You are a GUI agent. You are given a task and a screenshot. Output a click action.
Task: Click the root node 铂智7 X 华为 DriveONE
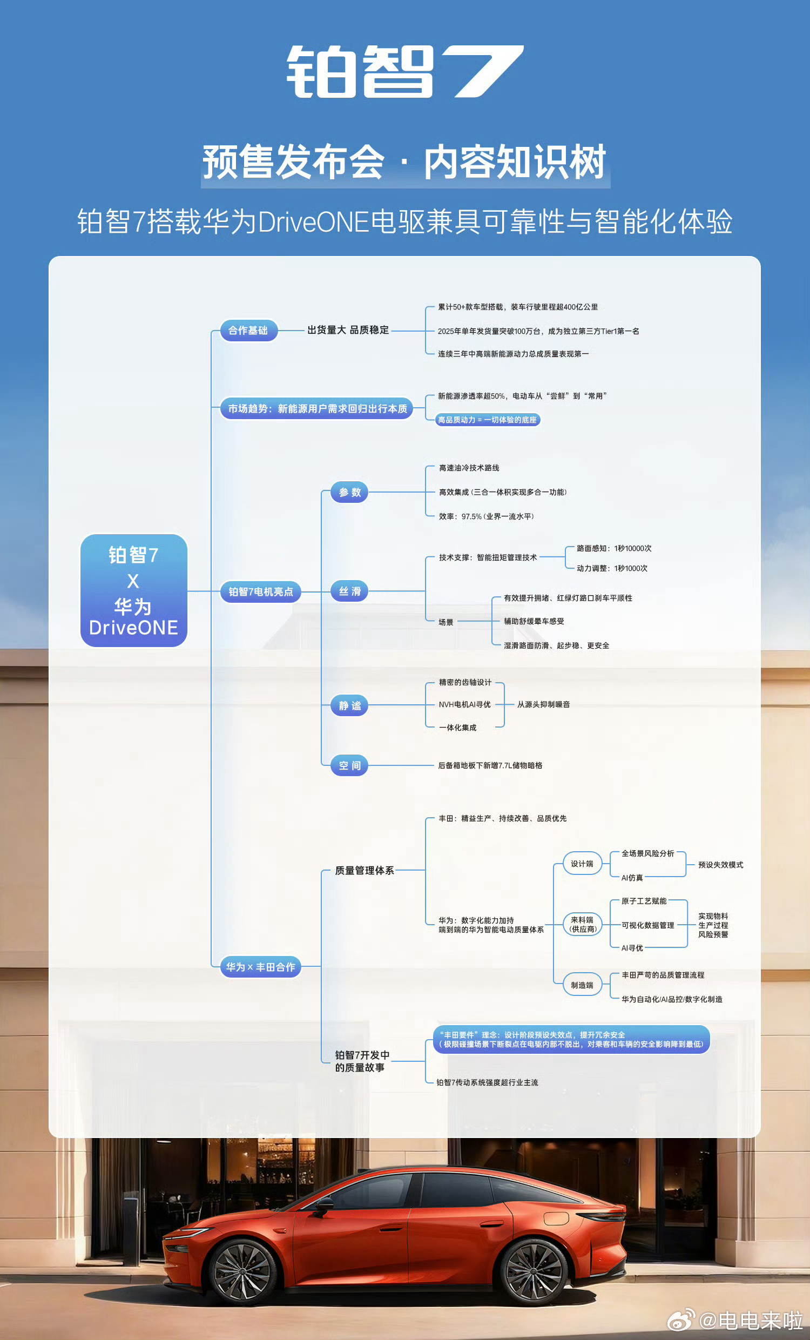134,590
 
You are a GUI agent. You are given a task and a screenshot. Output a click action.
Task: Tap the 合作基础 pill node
248,330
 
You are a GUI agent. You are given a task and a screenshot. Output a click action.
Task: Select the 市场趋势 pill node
316,408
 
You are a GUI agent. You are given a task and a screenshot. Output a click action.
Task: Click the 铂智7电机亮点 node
260,591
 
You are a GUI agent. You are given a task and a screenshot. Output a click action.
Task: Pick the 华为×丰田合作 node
260,967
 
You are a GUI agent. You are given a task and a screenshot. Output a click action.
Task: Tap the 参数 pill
349,492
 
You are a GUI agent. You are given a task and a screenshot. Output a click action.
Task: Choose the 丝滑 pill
349,591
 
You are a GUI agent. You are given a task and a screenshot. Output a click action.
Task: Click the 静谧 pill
349,705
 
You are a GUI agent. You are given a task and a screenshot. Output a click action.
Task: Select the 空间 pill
349,766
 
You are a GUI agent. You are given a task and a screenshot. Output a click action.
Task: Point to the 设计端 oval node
582,864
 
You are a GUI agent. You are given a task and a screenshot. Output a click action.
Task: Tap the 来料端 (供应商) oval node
582,925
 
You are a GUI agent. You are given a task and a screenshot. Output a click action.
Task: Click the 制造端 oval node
582,985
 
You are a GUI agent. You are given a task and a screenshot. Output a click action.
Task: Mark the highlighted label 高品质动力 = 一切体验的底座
488,420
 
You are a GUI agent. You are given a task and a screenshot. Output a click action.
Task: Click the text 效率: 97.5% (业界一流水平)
486,517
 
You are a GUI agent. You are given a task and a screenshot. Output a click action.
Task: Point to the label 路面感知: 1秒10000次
614,548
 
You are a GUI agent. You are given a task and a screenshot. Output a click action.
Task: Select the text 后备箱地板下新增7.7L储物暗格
490,766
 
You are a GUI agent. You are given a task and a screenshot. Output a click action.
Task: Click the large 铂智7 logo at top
405,72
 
